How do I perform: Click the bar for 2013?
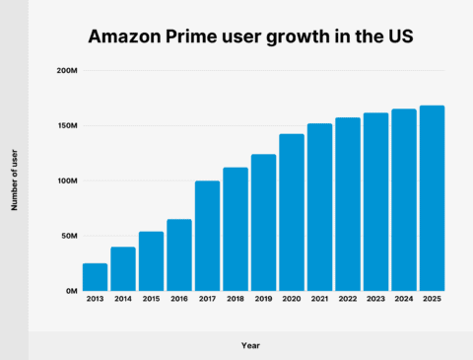95,277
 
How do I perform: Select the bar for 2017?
207,236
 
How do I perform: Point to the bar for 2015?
151,261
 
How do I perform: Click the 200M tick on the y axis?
66,71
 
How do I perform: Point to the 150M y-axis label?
66,126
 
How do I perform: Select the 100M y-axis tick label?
66,181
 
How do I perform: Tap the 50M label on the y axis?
68,237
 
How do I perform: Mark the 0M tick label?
71,291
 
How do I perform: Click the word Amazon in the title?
125,37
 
